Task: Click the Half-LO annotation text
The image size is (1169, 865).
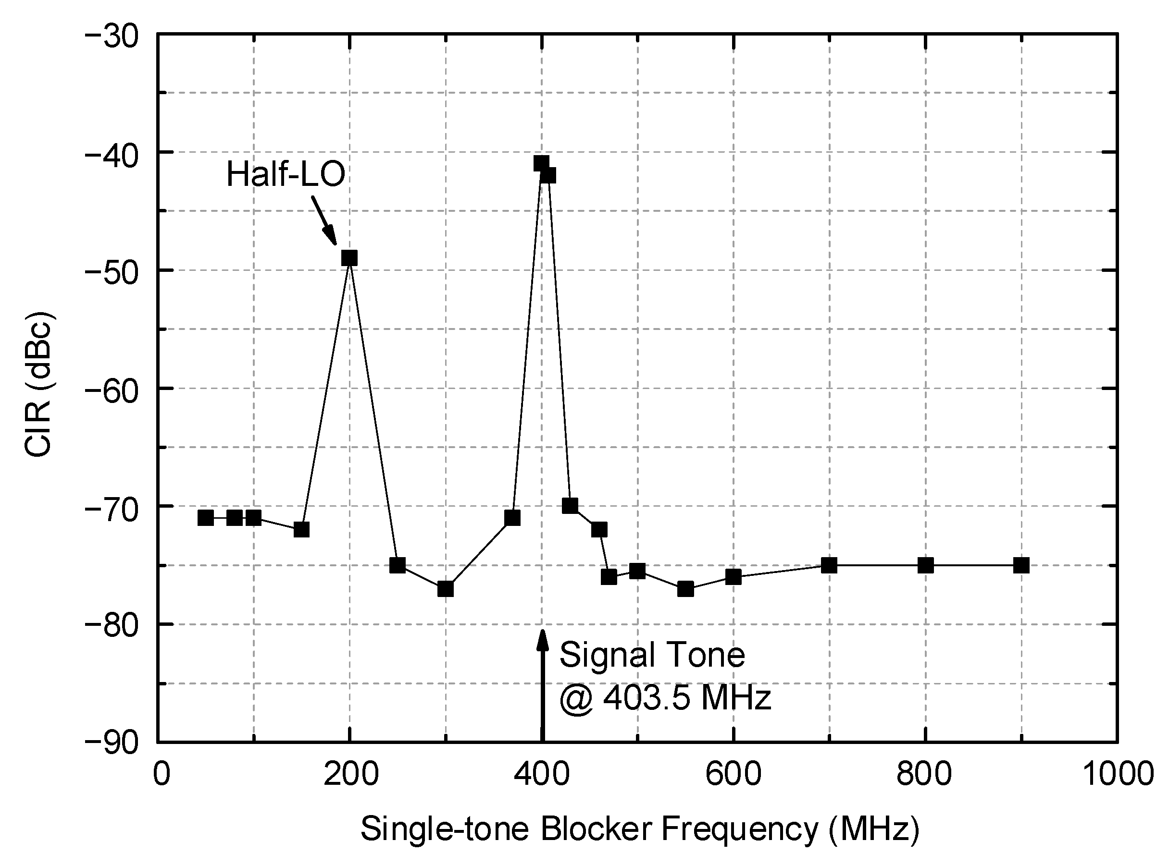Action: tap(286, 174)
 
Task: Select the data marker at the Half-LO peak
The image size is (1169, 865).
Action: tap(349, 257)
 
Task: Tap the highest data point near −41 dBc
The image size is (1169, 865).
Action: tap(541, 163)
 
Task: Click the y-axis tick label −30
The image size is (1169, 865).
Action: tap(111, 37)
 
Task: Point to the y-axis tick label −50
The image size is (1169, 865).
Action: tap(111, 271)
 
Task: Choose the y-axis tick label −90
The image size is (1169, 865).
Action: tap(111, 743)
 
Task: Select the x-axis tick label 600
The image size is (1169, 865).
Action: tap(733, 774)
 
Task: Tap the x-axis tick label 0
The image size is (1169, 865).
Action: tap(162, 774)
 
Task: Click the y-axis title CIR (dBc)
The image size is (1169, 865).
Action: tap(39, 385)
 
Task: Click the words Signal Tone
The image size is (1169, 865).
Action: tap(652, 655)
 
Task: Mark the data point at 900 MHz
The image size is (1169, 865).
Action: tap(1021, 565)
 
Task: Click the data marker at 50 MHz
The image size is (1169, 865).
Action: tap(205, 518)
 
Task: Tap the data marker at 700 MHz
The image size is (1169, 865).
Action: tap(829, 565)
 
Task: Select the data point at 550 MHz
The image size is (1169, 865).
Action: tap(685, 589)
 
